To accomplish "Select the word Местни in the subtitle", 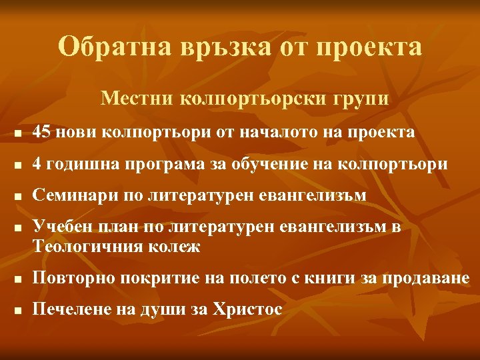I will (137, 99).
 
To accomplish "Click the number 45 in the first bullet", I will (42, 133).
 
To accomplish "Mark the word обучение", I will (272, 164).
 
